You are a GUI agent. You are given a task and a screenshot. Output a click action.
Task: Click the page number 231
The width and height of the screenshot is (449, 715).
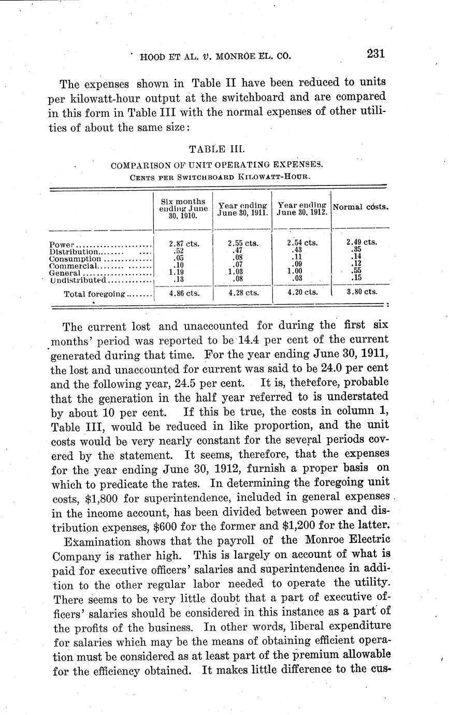[x=375, y=53]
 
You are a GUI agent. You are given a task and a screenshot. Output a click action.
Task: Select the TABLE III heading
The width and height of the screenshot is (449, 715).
[x=213, y=149]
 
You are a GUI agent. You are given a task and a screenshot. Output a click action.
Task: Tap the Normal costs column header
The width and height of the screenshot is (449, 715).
[x=361, y=206]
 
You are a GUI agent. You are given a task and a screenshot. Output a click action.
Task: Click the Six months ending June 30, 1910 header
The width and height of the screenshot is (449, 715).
[x=183, y=208]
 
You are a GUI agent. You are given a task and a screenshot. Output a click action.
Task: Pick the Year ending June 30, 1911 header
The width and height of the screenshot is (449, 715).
[x=242, y=209]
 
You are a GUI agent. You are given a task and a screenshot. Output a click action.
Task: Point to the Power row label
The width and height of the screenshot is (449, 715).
[x=63, y=244]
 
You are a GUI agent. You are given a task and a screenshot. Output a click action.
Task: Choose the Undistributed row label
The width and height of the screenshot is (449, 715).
[x=78, y=280]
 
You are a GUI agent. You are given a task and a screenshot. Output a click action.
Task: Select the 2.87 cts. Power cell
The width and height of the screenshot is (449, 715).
[x=184, y=242]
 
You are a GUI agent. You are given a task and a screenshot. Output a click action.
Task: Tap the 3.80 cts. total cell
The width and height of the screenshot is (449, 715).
[x=361, y=292]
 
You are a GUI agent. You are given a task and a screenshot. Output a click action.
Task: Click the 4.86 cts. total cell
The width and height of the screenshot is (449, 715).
[x=184, y=292]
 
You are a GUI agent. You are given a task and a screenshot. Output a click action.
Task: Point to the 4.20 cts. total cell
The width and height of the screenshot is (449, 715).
[x=302, y=292]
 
